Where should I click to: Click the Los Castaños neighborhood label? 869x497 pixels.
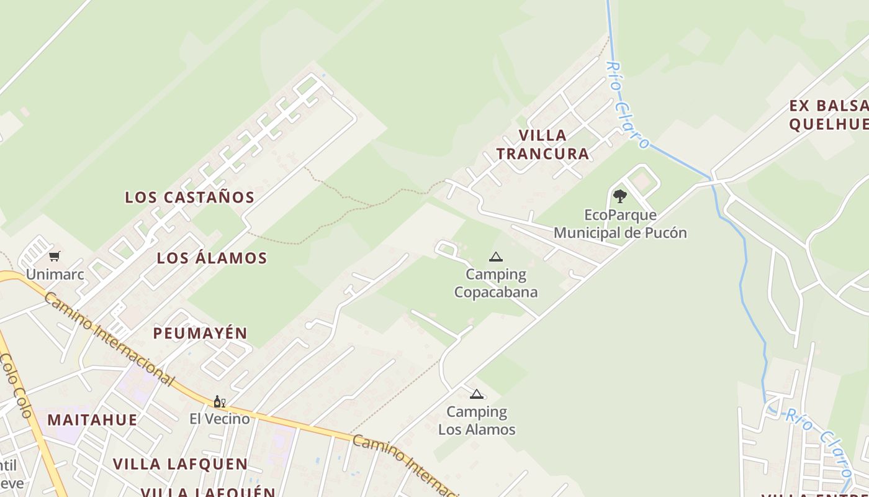coord(190,198)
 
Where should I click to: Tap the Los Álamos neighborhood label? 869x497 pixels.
coord(212,258)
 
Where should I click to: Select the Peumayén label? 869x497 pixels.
coord(200,333)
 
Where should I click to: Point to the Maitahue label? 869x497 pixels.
coord(92,420)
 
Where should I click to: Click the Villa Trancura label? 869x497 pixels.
coord(543,144)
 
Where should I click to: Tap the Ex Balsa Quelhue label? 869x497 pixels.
coord(829,114)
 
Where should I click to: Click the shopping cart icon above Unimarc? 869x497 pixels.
coord(55,256)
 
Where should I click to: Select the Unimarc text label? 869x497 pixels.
coord(55,274)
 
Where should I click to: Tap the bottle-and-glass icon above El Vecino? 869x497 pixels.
coord(219,401)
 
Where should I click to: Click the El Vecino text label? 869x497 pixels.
coord(220,419)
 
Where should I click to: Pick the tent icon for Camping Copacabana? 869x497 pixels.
coord(495,257)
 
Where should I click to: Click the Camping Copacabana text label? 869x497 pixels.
coord(496,283)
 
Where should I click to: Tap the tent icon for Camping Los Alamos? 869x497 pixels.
coord(476,394)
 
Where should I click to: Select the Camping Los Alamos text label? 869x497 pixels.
coord(477,421)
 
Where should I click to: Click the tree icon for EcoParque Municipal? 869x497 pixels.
coord(619,196)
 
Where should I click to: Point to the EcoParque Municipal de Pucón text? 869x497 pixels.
coord(620,224)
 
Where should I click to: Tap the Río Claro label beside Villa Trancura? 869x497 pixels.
coord(627,106)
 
